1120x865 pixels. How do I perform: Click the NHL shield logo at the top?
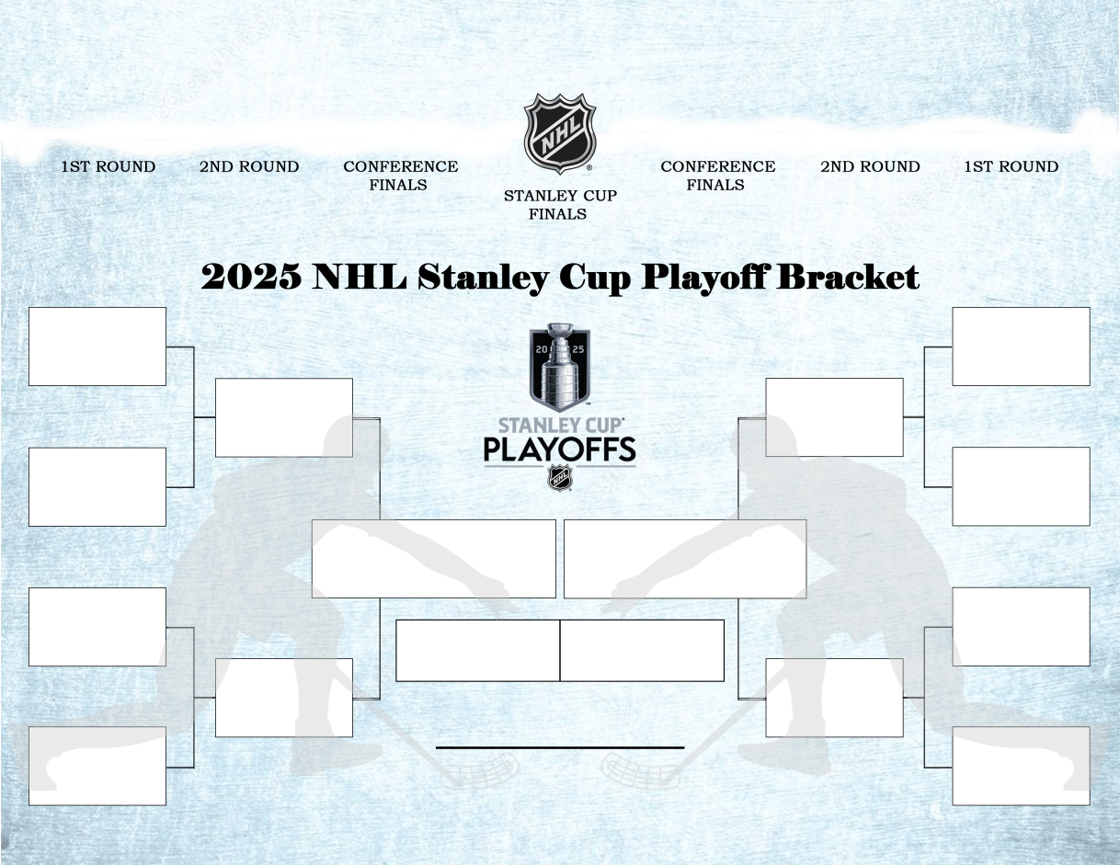pos(559,132)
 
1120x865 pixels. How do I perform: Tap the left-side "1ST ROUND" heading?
pos(109,166)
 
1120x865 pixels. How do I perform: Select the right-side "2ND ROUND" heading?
pos(870,166)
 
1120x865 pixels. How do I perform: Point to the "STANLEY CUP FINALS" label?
pos(559,205)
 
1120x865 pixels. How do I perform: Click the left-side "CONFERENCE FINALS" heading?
pos(400,176)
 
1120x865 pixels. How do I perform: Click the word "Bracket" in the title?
pos(847,277)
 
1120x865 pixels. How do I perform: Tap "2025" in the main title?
pos(251,277)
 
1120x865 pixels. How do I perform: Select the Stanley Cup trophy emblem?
pos(559,367)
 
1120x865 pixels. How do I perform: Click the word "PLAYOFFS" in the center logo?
pos(559,450)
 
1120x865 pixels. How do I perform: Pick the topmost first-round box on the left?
pos(97,347)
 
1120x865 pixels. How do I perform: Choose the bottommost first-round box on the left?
pos(97,766)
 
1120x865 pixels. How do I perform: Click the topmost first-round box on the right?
pos(1021,347)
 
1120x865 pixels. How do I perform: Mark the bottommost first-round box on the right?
pos(1021,766)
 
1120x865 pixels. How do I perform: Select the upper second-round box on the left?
pos(284,417)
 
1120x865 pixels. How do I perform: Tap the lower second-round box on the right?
pos(834,698)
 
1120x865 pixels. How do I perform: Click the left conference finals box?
pos(433,559)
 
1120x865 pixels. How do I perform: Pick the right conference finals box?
pos(685,559)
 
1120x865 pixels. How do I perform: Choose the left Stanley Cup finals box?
pos(477,651)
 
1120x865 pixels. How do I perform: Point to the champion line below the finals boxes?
pos(559,748)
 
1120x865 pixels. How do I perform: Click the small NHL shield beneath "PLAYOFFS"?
pos(559,478)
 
